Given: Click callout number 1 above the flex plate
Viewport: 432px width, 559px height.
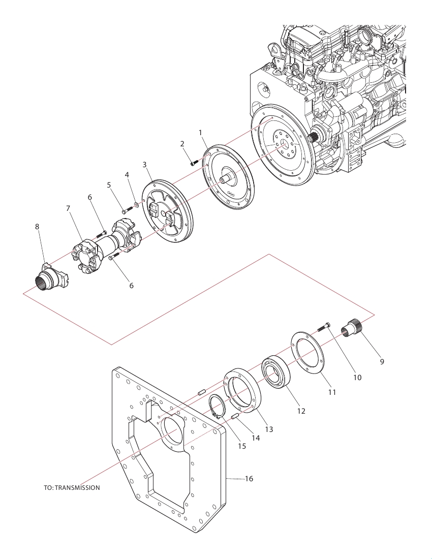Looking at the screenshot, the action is tap(200, 133).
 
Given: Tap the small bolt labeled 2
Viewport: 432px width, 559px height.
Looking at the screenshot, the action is tap(193, 163).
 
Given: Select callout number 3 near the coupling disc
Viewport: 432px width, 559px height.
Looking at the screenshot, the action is tap(145, 164).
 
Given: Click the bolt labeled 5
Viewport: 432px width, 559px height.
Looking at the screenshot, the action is tap(127, 210).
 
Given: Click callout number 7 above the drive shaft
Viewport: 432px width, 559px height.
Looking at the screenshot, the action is tap(68, 208).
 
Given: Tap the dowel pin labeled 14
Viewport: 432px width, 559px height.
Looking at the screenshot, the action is tap(235, 416).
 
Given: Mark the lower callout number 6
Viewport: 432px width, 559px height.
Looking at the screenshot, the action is tap(131, 286).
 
